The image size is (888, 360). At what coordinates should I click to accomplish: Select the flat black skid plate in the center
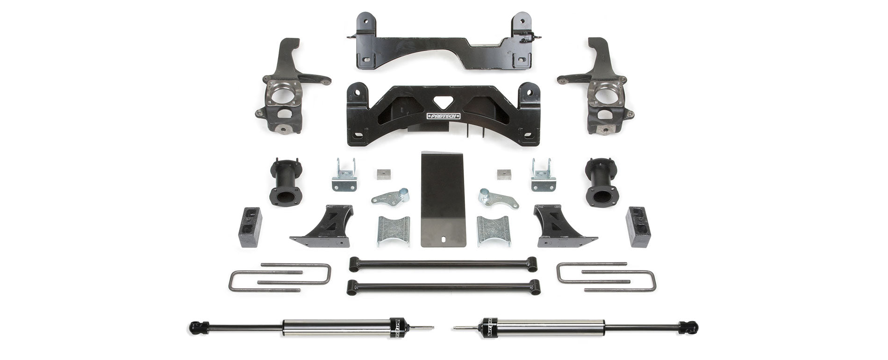(x=443, y=196)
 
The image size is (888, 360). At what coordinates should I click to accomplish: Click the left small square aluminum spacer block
(x=382, y=174)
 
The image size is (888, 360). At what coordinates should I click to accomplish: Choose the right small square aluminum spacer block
(x=504, y=174)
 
